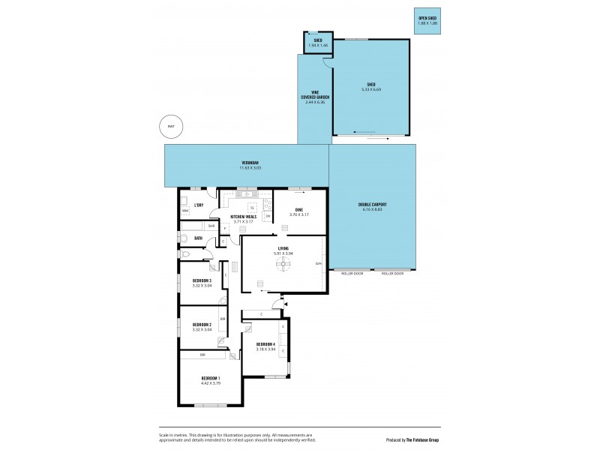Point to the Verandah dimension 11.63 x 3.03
(245, 168)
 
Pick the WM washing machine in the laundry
(185, 211)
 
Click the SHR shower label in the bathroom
(211, 225)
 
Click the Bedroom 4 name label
(266, 344)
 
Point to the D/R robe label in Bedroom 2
(223, 318)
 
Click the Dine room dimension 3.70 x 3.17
(298, 214)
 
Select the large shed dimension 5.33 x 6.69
(371, 88)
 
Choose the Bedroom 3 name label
(202, 280)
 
